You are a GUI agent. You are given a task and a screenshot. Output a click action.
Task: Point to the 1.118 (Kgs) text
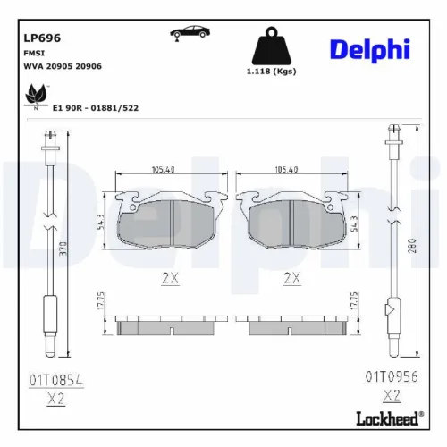tap(271, 71)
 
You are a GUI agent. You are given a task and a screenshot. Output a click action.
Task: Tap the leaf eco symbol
tap(37, 94)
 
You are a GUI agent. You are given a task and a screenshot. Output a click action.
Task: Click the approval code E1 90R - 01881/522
tap(96, 107)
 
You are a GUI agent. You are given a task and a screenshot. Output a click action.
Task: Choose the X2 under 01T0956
tap(391, 393)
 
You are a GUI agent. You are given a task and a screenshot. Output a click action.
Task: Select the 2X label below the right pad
tap(291, 278)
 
